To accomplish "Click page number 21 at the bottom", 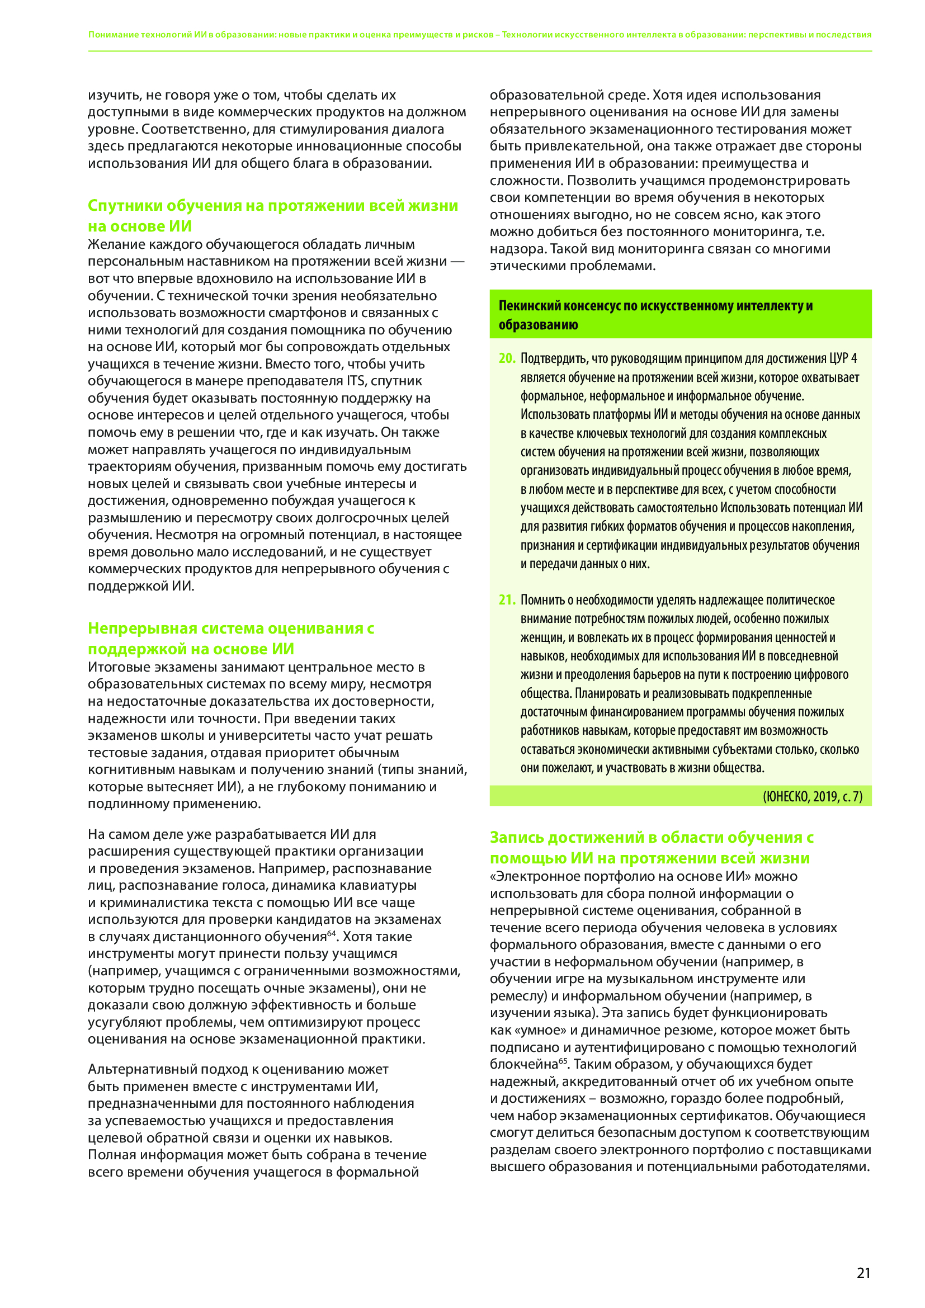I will (863, 1273).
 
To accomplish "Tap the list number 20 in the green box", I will (506, 358).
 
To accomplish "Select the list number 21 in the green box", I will (506, 600).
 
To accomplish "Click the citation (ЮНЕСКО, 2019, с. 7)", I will (812, 796).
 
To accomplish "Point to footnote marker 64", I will (332, 933).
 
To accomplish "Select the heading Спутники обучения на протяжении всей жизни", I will (272, 206).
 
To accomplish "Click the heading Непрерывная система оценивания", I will (230, 629).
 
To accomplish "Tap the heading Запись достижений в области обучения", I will (652, 838).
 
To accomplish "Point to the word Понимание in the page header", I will (114, 35).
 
